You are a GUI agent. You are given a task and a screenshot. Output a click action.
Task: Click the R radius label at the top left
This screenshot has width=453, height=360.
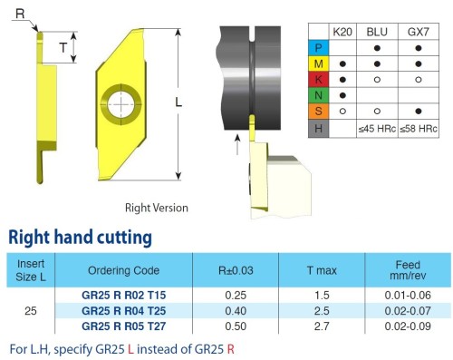pyautogui.click(x=20, y=14)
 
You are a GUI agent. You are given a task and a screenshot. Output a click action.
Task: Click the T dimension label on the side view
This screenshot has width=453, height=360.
pyautogui.click(x=63, y=47)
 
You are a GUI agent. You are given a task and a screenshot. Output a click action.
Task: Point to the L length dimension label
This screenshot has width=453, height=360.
pyautogui.click(x=178, y=102)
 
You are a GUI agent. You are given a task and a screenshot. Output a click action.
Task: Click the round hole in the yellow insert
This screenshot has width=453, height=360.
pyautogui.click(x=121, y=104)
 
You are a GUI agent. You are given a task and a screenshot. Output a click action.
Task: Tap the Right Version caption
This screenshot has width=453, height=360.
pyautogui.click(x=157, y=208)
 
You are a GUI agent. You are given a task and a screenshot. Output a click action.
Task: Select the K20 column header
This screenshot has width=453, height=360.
pyautogui.click(x=342, y=32)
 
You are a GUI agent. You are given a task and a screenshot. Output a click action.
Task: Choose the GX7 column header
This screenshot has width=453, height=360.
pyautogui.click(x=419, y=32)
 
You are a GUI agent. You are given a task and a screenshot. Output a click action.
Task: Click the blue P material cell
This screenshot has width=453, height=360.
pyautogui.click(x=318, y=48)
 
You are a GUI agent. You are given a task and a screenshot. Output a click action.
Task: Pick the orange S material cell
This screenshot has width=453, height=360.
pyautogui.click(x=318, y=111)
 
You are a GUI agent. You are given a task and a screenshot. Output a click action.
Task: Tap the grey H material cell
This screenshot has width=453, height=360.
pyautogui.click(x=318, y=129)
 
